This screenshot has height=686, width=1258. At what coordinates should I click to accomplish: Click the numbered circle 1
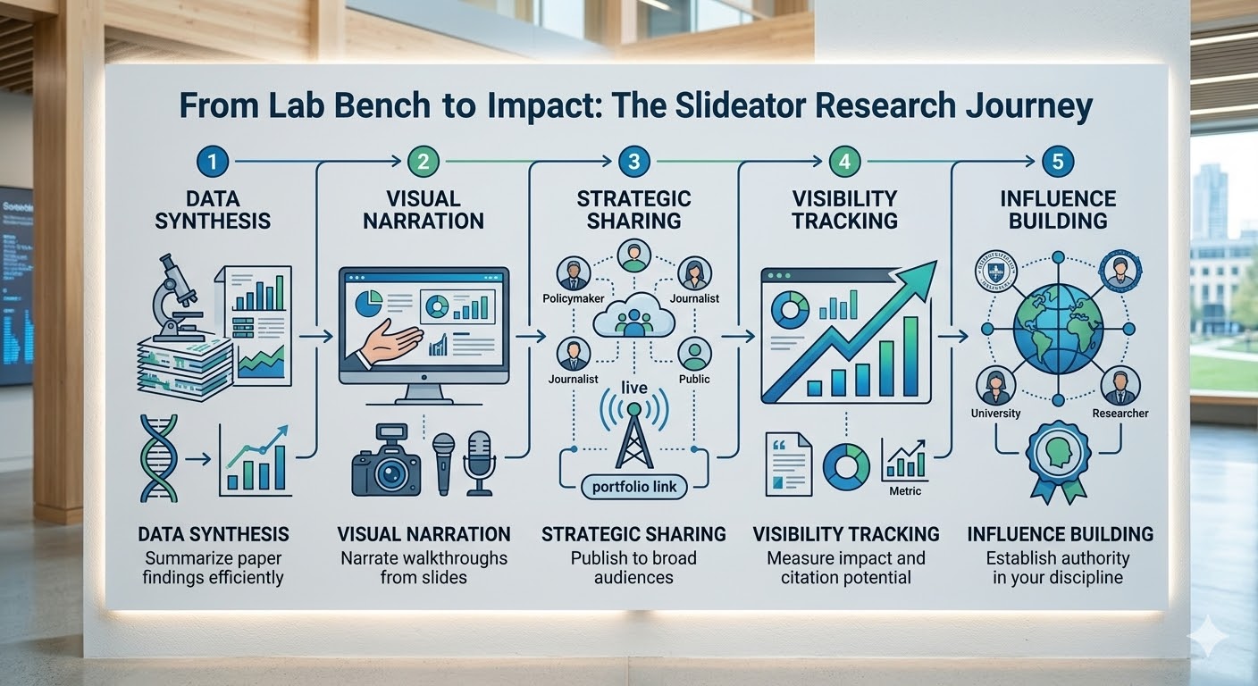pyautogui.click(x=213, y=162)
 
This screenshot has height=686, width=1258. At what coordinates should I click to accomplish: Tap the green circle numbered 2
pyautogui.click(x=424, y=162)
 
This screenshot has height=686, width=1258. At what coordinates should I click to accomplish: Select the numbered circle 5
pyautogui.click(x=1058, y=162)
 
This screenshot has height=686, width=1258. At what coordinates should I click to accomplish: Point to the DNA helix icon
pyautogui.click(x=159, y=458)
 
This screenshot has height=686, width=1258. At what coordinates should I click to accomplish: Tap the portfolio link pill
pyautogui.click(x=634, y=487)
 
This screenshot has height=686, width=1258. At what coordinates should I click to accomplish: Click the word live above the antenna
pyautogui.click(x=634, y=388)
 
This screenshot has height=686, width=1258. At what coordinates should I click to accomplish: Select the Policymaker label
pyautogui.click(x=574, y=298)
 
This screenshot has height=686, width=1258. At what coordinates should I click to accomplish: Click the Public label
pyautogui.click(x=694, y=379)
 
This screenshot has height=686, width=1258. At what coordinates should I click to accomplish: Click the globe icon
pyautogui.click(x=1058, y=329)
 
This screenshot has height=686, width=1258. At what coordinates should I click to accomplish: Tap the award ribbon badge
pyautogui.click(x=1058, y=460)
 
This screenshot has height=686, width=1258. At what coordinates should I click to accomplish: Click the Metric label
pyautogui.click(x=905, y=490)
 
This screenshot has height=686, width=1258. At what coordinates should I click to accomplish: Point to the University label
pyautogui.click(x=995, y=414)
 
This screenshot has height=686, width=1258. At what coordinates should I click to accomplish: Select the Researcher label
pyautogui.click(x=1120, y=414)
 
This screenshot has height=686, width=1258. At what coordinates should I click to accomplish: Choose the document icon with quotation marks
pyautogui.click(x=789, y=464)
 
